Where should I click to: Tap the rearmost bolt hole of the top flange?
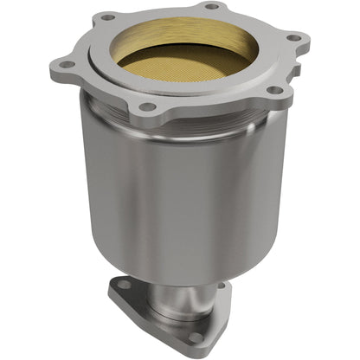pyautogui.click(x=210, y=7)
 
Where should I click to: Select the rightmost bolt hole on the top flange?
pyautogui.click(x=293, y=38)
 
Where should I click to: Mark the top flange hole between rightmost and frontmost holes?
pyautogui.click(x=273, y=90)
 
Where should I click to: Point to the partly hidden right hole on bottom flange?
pyautogui.click(x=222, y=286)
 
